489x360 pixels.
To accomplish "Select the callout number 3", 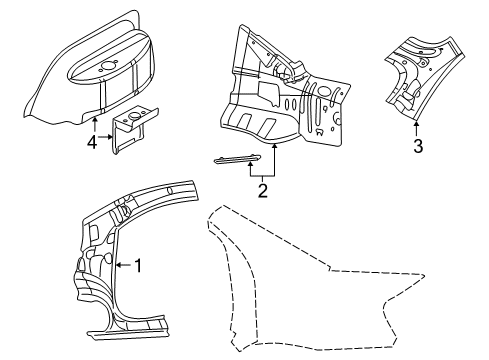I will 418,147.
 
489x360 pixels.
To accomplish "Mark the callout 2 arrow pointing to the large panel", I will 273,160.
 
